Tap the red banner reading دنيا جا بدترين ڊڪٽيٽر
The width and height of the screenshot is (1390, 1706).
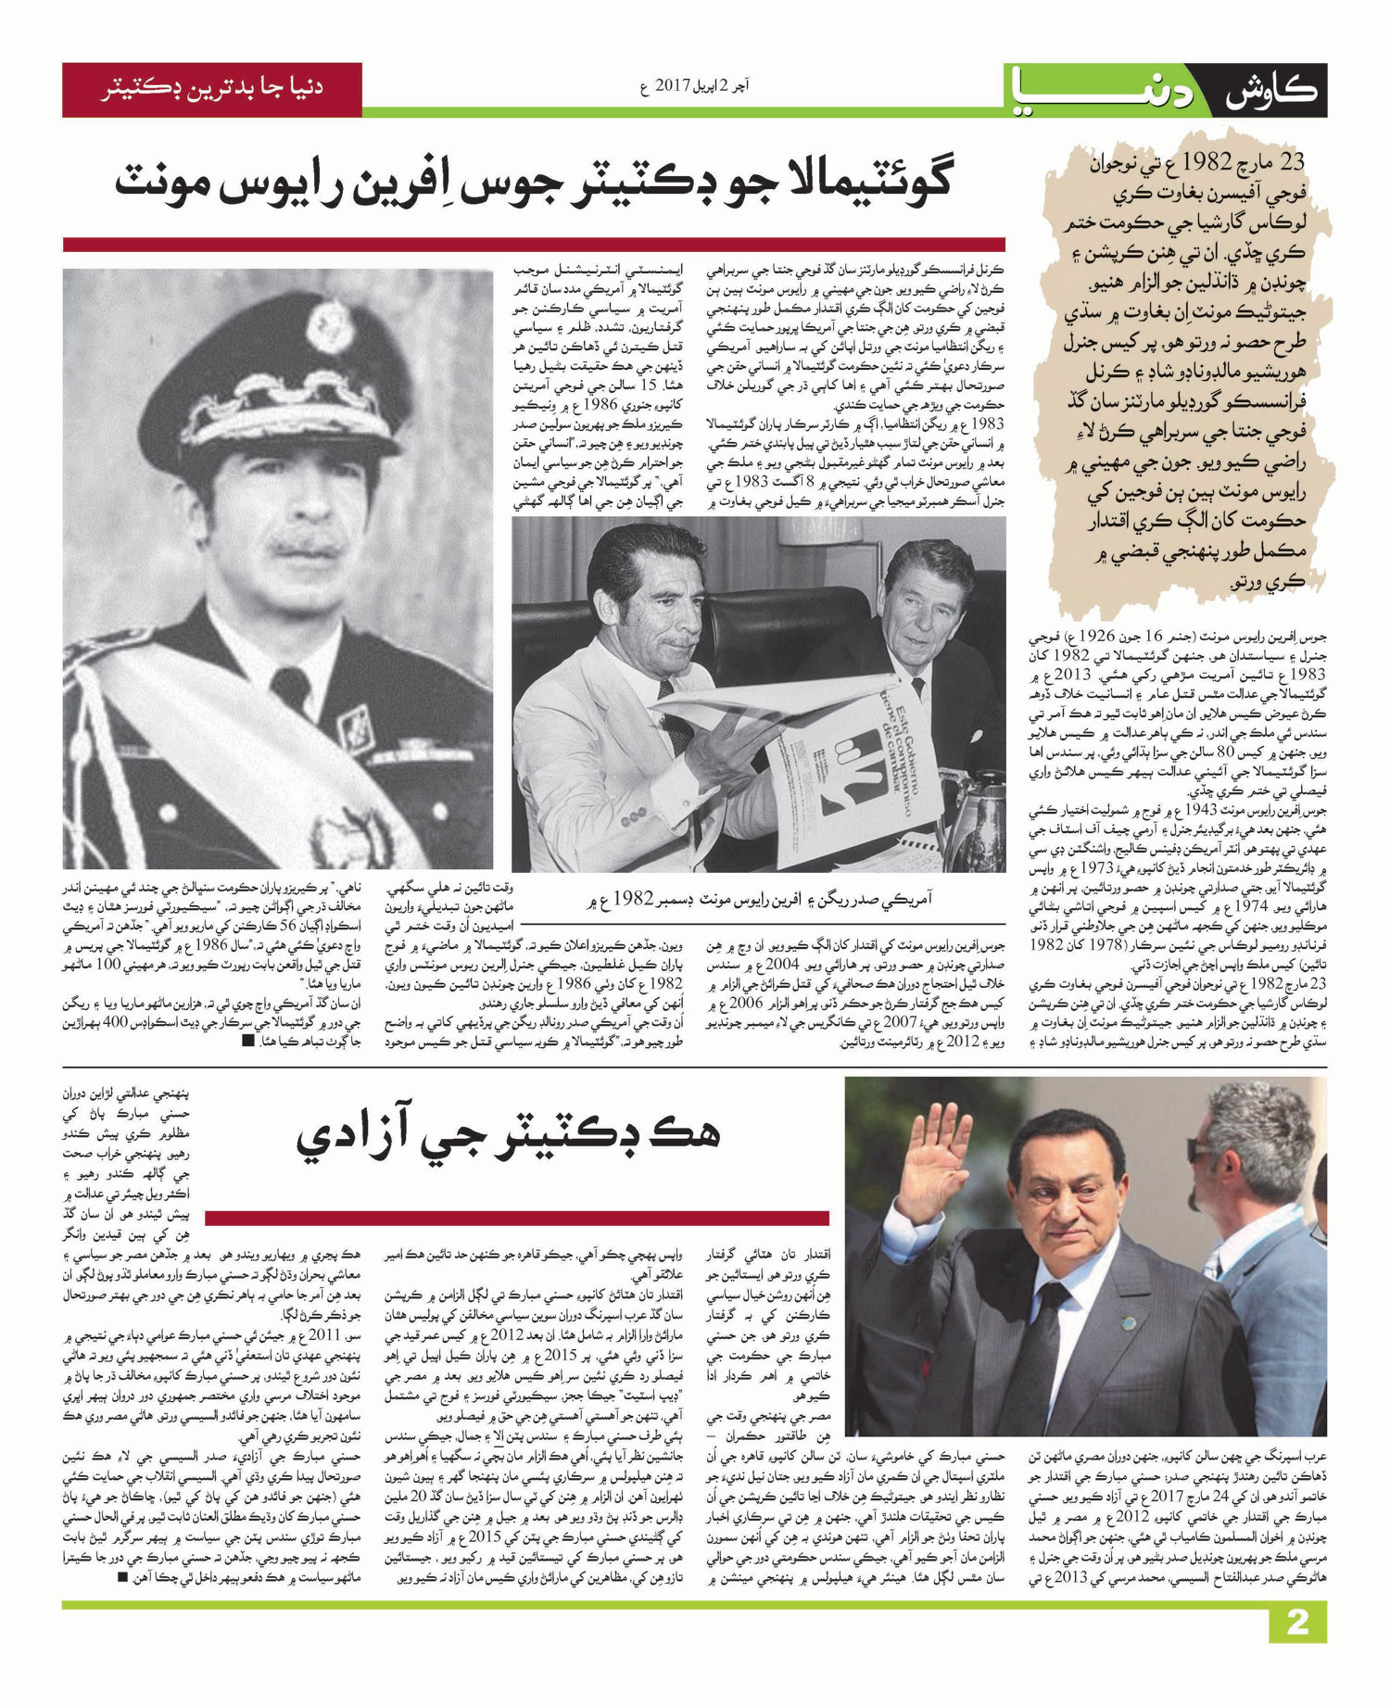click(212, 90)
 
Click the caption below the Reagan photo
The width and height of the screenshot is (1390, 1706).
click(760, 898)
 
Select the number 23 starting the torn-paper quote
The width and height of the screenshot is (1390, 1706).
click(1290, 163)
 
